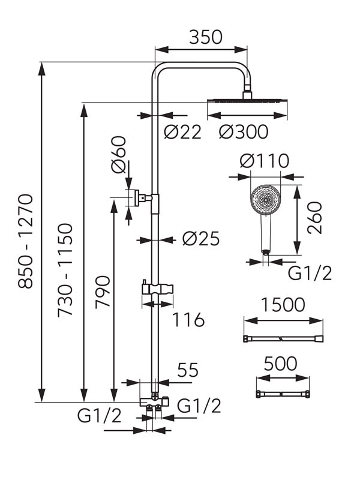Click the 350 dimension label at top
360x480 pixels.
pos(206,37)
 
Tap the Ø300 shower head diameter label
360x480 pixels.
pos(243,132)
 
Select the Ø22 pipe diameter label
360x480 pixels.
pos(182,132)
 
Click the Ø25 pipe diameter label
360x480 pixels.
pos(200,239)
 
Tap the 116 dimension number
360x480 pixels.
pos(188,319)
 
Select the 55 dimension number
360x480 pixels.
pos(187,370)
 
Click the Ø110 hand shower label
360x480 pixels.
pos(264,161)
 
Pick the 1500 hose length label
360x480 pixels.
pos(283,305)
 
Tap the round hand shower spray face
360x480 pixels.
pos(264,200)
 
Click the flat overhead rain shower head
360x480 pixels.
pos(247,101)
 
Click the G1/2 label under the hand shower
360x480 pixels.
pos(310,274)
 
